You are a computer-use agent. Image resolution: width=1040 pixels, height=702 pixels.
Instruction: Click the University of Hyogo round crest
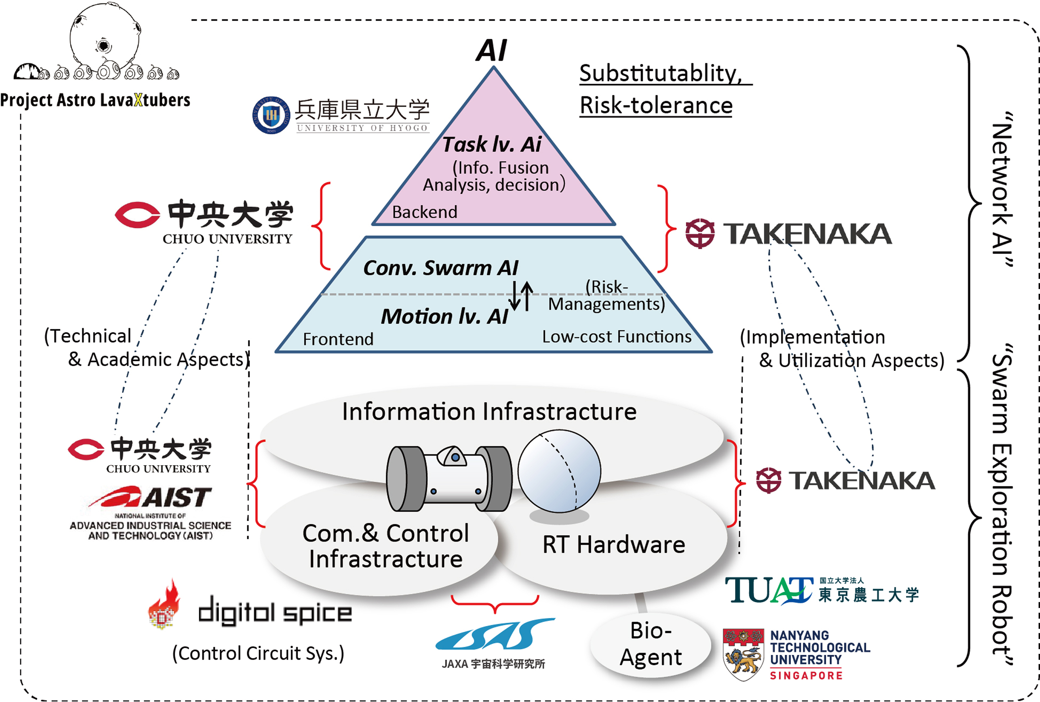tap(271, 115)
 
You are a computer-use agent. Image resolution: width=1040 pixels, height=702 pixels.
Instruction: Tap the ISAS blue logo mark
tap(495, 635)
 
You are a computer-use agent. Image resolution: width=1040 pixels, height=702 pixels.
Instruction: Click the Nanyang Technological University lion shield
tap(743, 654)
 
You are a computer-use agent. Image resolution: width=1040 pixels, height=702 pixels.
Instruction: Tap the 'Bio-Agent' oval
tap(651, 644)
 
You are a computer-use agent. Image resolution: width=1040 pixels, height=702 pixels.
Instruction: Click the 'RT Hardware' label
tap(613, 545)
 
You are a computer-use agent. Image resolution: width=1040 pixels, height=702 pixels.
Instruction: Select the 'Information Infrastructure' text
tap(489, 412)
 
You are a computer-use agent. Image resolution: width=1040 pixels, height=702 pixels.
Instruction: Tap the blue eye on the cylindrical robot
tap(455, 458)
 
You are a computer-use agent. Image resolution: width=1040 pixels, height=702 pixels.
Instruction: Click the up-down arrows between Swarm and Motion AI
tap(522, 296)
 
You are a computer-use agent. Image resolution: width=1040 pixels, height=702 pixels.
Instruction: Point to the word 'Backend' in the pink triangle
tap(425, 212)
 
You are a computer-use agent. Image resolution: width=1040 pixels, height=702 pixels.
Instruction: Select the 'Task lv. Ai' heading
tap(492, 144)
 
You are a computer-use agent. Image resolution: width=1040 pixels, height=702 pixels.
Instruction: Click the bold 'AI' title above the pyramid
tap(491, 50)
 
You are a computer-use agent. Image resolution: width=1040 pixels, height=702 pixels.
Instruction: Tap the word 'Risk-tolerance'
tap(656, 106)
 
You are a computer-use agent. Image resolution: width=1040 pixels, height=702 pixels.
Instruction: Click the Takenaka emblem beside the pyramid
tap(700, 233)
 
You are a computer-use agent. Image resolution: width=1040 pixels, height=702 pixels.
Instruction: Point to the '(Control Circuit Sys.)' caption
tap(258, 654)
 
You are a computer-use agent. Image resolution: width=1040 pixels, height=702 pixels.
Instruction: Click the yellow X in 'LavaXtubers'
tap(138, 100)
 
